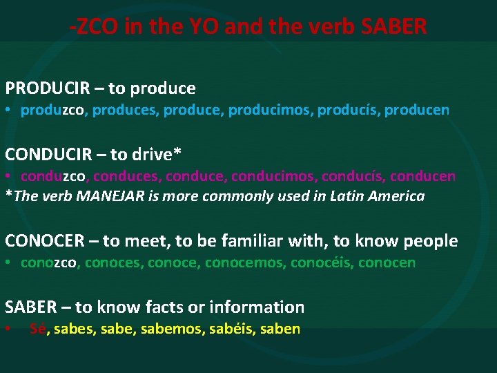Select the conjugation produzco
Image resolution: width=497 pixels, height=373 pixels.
tap(52, 110)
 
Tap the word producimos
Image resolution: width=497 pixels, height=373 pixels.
tap(270, 110)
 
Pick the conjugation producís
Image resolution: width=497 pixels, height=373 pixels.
tap(348, 110)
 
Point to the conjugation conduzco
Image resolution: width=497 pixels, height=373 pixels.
tap(52, 175)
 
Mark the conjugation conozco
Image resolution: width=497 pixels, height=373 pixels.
tap(52, 262)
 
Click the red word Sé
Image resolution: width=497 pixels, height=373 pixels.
tap(38, 329)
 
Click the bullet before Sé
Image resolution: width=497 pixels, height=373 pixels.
tap(8, 329)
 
